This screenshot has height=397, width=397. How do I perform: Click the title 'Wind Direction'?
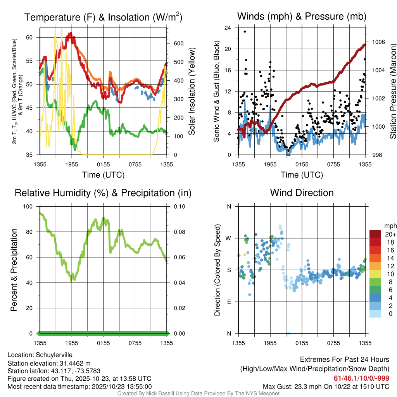click(x=302, y=193)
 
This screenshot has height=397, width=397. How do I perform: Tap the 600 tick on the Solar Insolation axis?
click(x=178, y=43)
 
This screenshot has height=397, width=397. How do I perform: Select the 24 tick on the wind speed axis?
click(x=228, y=28)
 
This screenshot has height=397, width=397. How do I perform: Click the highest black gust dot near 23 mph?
click(x=245, y=31)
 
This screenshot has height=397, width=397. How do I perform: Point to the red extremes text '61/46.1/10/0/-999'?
click(x=361, y=378)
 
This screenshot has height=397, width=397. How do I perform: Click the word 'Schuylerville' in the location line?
click(x=54, y=355)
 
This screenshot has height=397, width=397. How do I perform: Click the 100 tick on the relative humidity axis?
click(x=30, y=207)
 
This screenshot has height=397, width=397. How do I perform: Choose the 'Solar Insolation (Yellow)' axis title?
click(x=192, y=91)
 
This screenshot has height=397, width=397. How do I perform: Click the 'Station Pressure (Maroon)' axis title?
click(x=393, y=91)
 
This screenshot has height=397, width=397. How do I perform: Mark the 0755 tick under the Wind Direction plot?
click(x=333, y=343)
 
